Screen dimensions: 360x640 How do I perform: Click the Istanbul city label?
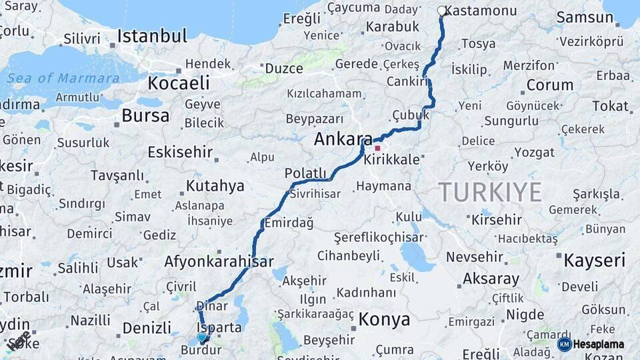coord(152,35)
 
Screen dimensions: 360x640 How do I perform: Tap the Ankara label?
coord(343,139)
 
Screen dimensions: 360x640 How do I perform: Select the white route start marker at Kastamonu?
coord(441,11)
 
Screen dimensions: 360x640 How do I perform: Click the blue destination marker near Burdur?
coord(201,338)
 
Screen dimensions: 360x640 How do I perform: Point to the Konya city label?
coord(384,319)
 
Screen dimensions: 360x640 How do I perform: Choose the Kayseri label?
coord(595,259)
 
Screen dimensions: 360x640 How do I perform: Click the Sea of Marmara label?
coord(63,78)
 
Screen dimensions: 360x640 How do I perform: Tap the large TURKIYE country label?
coord(490,193)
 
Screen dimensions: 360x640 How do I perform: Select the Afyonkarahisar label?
coord(219,261)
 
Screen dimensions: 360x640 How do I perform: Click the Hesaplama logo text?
coord(599,343)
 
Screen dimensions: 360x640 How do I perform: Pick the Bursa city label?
coord(145,115)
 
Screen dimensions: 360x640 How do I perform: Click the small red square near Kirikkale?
coord(377,148)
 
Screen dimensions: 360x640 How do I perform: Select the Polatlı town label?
coord(305,173)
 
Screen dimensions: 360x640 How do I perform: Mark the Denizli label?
coord(147,328)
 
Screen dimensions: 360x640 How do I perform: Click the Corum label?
coord(549,85)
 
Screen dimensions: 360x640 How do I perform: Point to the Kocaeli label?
coord(178,83)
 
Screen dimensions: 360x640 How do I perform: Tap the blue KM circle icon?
coord(565,344)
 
